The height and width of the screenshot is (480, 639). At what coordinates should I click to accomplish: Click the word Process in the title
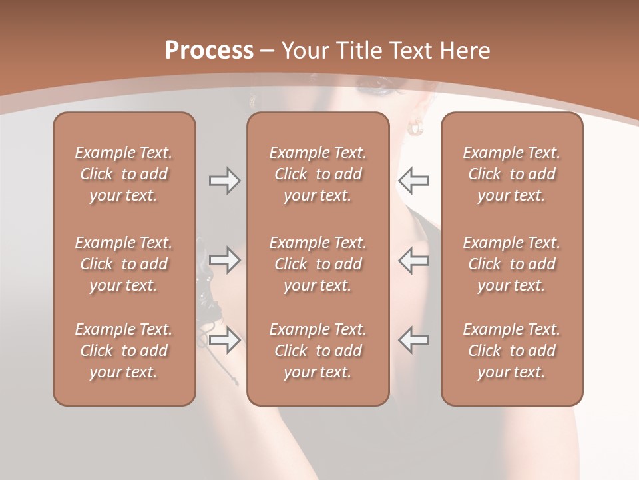pyautogui.click(x=209, y=51)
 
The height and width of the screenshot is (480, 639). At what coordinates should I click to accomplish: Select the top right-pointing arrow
pyautogui.click(x=224, y=181)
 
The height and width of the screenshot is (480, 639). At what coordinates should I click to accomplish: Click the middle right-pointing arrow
pyautogui.click(x=224, y=260)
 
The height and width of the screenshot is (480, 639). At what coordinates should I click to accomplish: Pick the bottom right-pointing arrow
pyautogui.click(x=224, y=340)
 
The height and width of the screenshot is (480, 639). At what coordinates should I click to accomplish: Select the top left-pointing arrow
pyautogui.click(x=413, y=181)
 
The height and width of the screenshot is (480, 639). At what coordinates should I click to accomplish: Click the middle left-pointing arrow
pyautogui.click(x=413, y=260)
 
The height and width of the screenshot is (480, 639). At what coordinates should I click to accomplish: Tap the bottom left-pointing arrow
pyautogui.click(x=413, y=340)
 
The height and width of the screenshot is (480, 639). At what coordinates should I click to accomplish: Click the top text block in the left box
pyautogui.click(x=124, y=174)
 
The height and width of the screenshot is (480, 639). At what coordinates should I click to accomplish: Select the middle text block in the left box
pyautogui.click(x=124, y=264)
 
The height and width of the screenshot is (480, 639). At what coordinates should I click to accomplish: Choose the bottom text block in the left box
pyautogui.click(x=124, y=351)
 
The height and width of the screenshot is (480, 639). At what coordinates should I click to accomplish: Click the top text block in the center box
pyautogui.click(x=318, y=174)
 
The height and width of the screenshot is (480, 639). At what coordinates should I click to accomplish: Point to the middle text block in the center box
pyautogui.click(x=318, y=264)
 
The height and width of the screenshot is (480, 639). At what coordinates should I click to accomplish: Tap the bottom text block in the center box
pyautogui.click(x=318, y=351)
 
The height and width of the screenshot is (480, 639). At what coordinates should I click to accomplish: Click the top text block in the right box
pyautogui.click(x=511, y=174)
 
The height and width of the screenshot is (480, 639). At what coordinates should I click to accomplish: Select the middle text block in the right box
pyautogui.click(x=511, y=264)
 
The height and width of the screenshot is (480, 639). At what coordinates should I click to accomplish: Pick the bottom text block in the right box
pyautogui.click(x=511, y=351)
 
